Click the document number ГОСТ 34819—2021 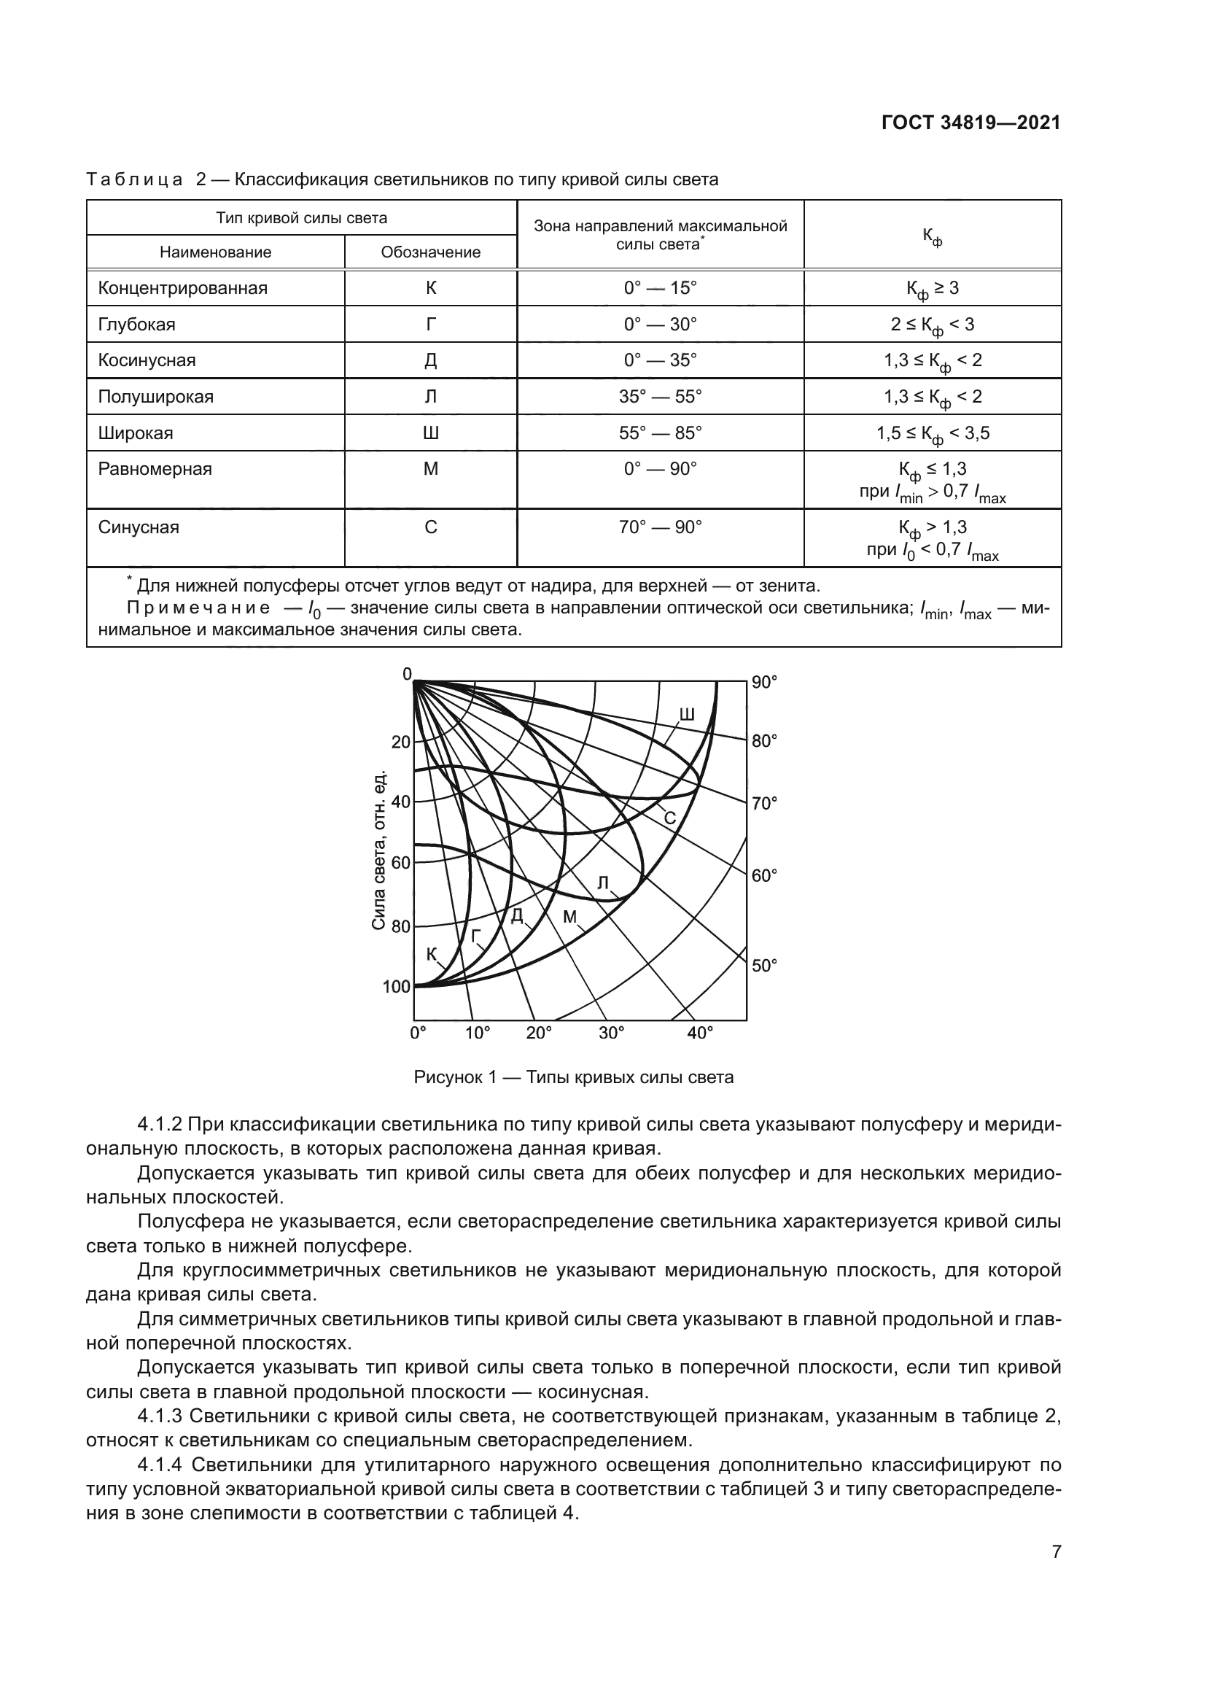[970, 123]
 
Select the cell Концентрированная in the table [183, 288]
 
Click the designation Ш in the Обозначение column [430, 433]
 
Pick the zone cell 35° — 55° [659, 397]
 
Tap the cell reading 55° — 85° [659, 433]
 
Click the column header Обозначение [430, 252]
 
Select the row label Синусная [139, 527]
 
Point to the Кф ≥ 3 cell [932, 289]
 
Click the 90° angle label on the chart [764, 682]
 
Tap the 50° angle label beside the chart [764, 965]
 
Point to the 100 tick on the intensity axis [397, 986]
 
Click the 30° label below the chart [611, 1034]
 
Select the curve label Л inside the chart [603, 883]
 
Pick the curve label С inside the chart [669, 819]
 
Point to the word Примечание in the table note [198, 608]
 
